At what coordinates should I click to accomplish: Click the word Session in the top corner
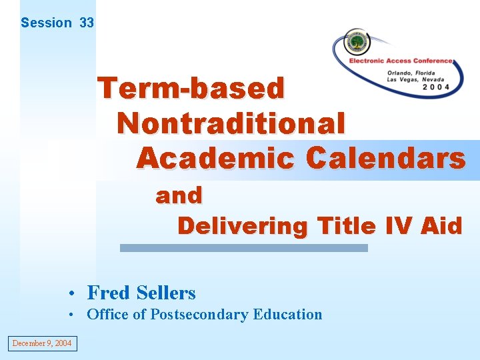(46, 23)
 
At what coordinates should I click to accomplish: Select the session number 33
(87, 23)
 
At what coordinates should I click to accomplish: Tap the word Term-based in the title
(191, 88)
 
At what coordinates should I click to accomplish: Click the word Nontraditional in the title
(231, 123)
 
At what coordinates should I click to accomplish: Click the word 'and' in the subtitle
(179, 195)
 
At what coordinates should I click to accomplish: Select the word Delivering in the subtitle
(243, 226)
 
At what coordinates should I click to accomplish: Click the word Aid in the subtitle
(442, 226)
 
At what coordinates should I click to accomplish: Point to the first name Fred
(109, 293)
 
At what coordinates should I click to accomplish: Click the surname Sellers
(166, 293)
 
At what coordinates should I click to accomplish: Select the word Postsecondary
(199, 315)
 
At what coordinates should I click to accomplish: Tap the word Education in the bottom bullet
(287, 315)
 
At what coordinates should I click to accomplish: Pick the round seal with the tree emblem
(357, 42)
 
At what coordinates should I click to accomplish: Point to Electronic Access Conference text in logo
(401, 61)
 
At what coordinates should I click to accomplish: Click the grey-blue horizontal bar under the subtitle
(243, 247)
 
